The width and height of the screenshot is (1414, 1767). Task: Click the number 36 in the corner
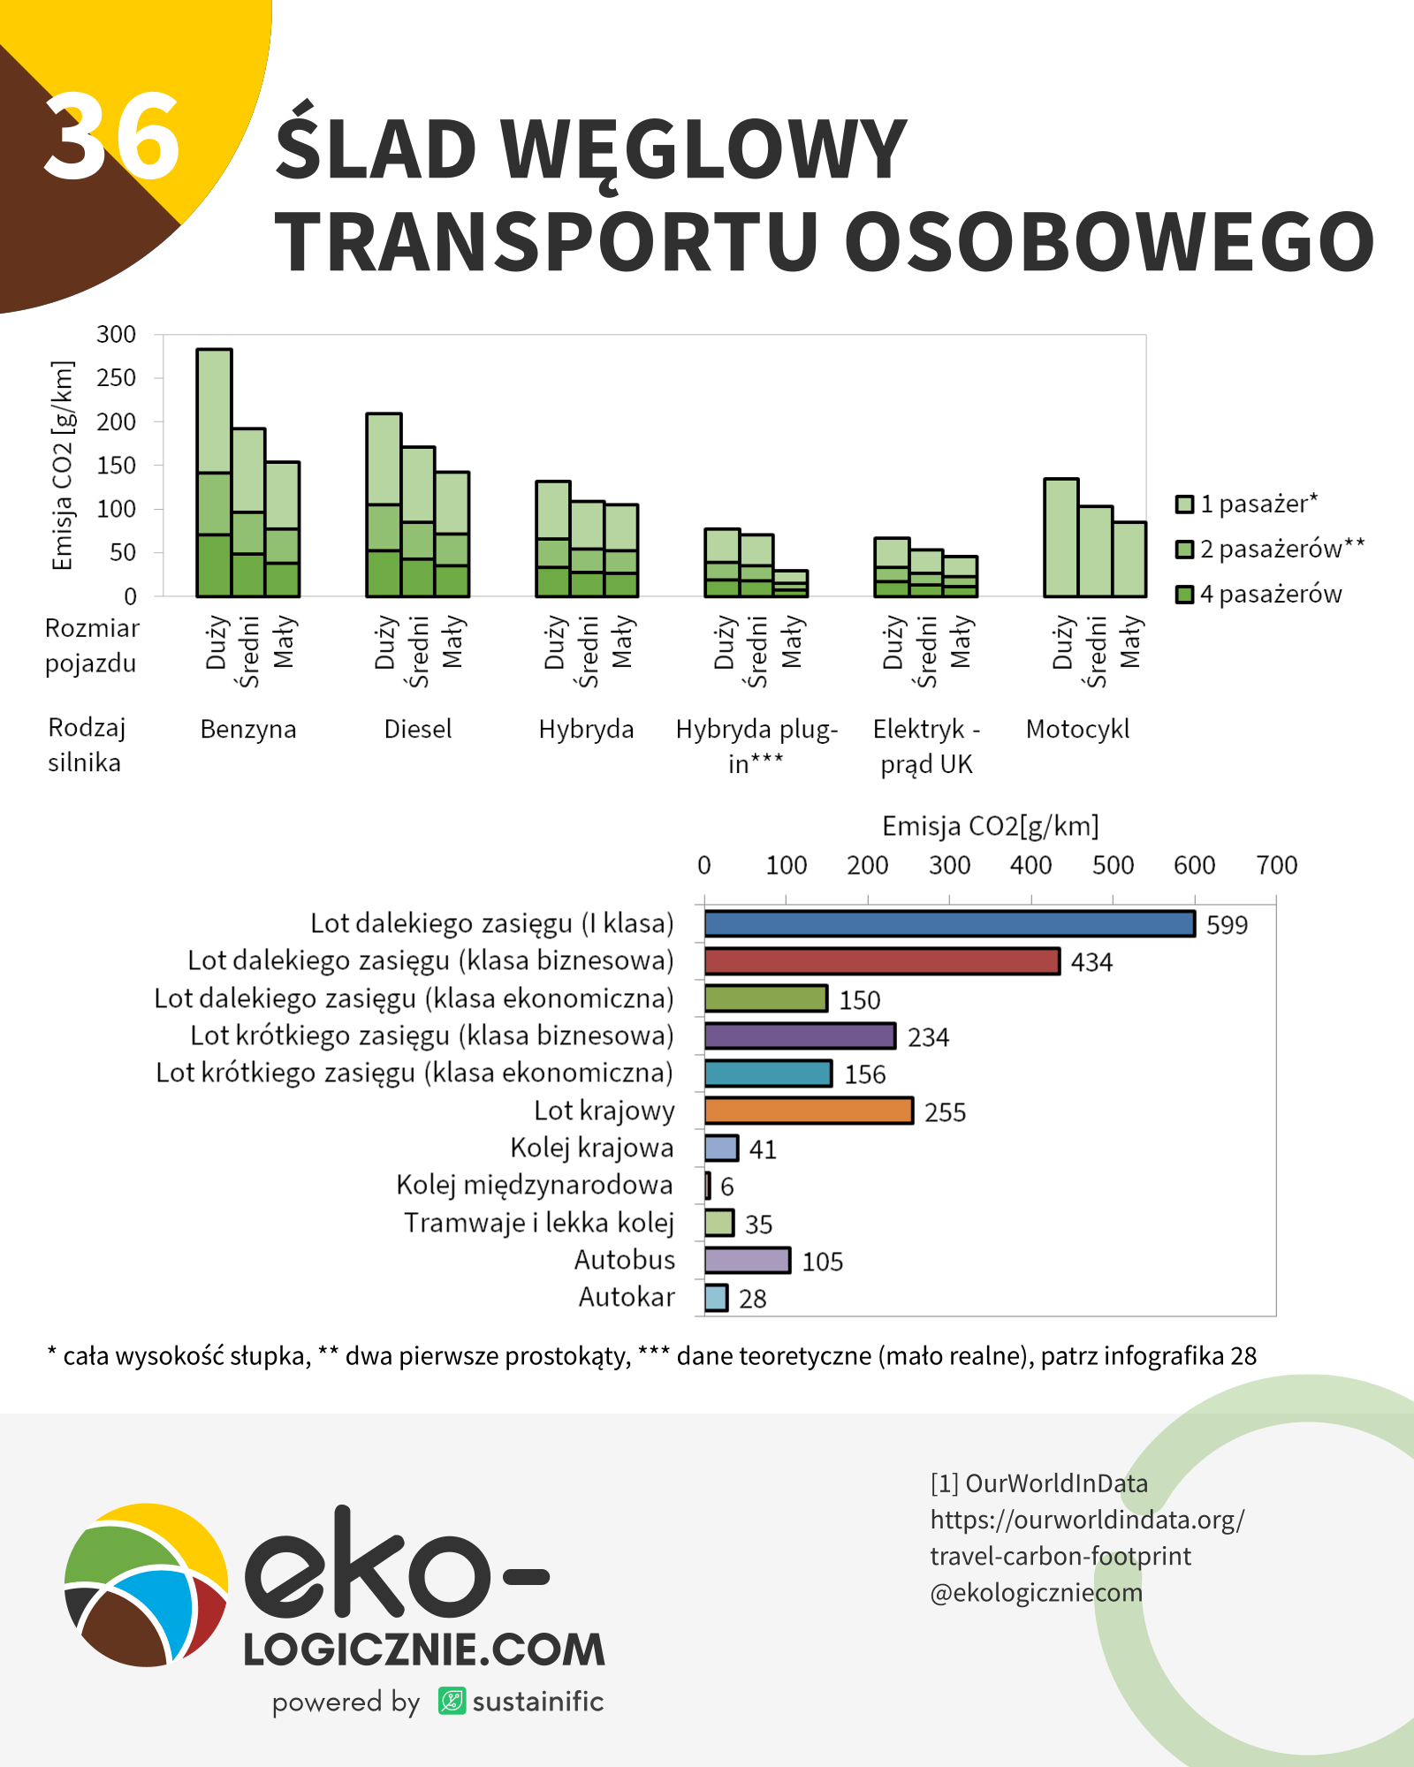point(112,137)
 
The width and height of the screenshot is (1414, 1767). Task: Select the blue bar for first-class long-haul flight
point(949,924)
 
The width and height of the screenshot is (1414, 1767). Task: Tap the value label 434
point(1091,962)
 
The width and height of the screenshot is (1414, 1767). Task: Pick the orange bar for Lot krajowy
point(809,1111)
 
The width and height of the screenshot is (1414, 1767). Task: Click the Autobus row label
point(625,1260)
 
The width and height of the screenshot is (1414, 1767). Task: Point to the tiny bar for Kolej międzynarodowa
point(708,1186)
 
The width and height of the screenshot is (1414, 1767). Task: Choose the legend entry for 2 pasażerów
point(1271,549)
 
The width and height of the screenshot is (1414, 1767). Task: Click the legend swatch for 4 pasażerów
point(1184,595)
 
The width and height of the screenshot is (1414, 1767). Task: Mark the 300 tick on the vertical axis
point(117,335)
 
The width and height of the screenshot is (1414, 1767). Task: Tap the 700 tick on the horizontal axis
point(1276,866)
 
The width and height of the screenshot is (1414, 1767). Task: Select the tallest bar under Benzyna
point(215,473)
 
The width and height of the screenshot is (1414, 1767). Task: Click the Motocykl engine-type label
point(1077,730)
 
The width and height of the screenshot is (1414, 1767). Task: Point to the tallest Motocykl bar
point(1061,537)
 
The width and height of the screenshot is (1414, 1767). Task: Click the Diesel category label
point(417,730)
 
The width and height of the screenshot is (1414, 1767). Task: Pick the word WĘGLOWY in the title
point(703,148)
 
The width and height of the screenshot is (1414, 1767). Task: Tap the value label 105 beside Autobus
point(822,1262)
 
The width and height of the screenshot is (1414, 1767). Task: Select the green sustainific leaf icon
point(452,1701)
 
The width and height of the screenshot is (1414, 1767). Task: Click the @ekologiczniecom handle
point(1036,1593)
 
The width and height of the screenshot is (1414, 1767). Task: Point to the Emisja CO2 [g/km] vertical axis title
point(62,466)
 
